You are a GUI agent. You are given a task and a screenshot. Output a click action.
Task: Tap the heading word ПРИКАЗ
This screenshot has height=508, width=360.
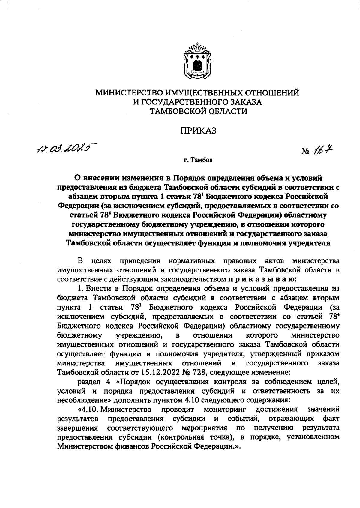pyautogui.click(x=198, y=131)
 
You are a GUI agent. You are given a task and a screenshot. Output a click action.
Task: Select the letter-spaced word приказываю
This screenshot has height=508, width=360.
pyautogui.click(x=262, y=279)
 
